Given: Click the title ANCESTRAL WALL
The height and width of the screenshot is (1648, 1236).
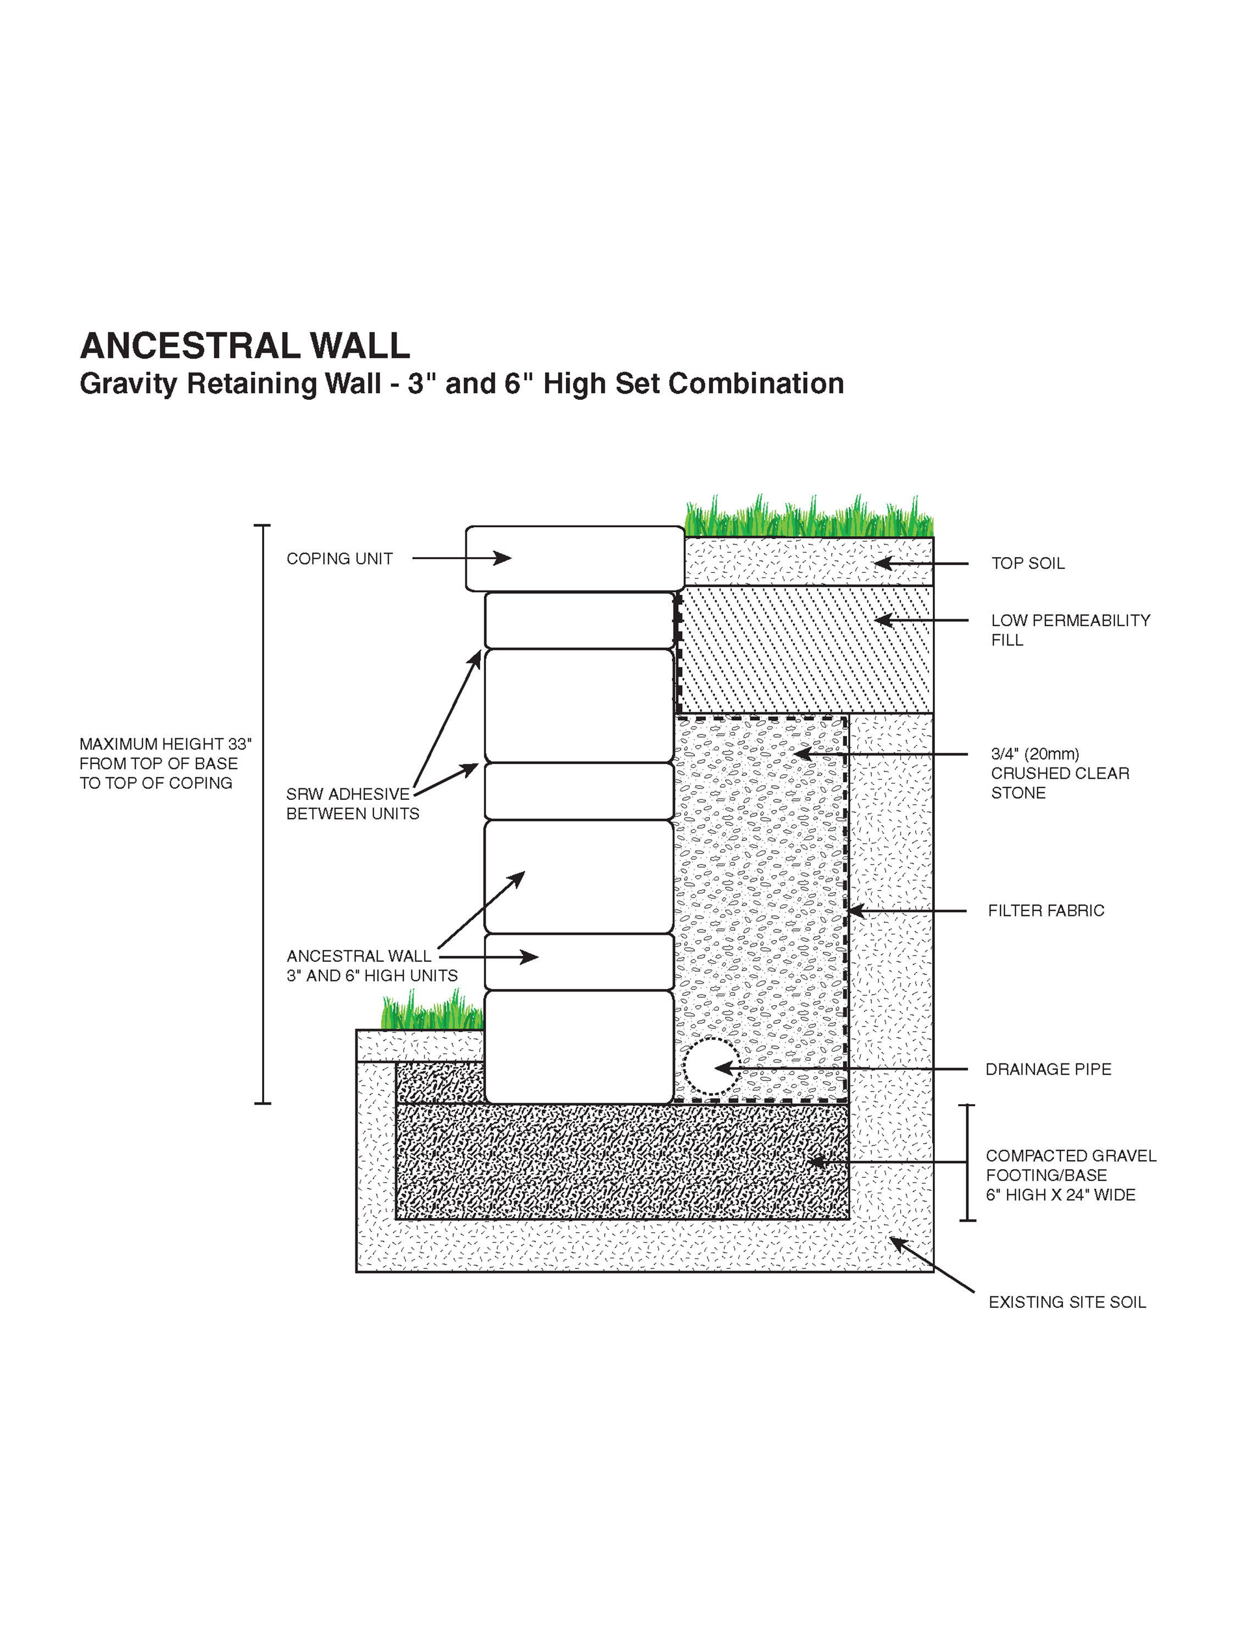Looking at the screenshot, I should [244, 347].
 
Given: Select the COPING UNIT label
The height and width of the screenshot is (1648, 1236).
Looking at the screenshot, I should [339, 559].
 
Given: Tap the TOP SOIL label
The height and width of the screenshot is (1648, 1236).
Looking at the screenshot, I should [1027, 563].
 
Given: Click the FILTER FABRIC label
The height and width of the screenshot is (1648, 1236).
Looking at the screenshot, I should [1045, 910].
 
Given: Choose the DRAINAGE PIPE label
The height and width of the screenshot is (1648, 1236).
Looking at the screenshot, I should [1048, 1069].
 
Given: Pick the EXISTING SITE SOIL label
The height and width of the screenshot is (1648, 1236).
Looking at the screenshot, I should [1066, 1301].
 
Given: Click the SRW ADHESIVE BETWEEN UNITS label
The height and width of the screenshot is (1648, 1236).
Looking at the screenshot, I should [352, 804].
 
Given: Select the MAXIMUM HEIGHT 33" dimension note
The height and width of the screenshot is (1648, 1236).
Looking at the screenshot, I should [165, 764].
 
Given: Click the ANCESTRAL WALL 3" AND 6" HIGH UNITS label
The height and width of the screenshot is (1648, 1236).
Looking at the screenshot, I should [371, 966].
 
